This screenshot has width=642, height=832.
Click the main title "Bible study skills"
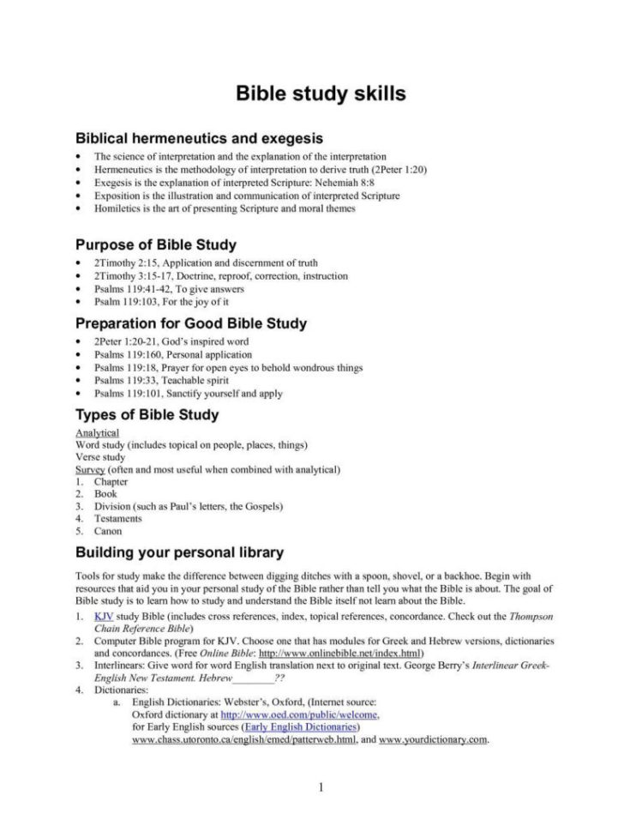[x=321, y=93]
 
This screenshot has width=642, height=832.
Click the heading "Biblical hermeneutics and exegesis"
[x=199, y=137]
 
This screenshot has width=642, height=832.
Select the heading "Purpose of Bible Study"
[x=156, y=245]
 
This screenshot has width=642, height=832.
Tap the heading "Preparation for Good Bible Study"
[x=191, y=323]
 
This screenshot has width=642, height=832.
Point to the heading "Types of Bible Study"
[x=147, y=414]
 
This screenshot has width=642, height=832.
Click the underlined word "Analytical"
[x=98, y=433]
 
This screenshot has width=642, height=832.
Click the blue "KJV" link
[x=104, y=617]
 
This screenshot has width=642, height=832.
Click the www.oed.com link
[x=300, y=714]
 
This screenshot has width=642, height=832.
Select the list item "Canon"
[x=108, y=531]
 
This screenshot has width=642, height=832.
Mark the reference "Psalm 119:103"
[x=124, y=301]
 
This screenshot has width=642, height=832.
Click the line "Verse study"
[x=100, y=458]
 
